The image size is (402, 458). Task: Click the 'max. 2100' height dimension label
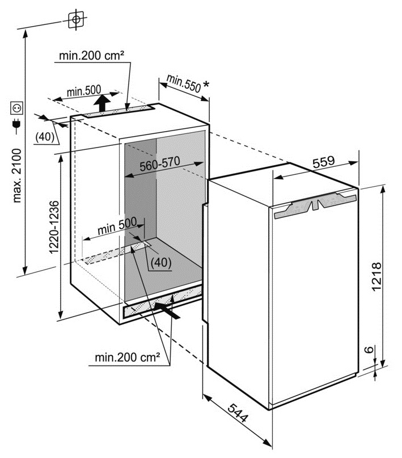[17, 175]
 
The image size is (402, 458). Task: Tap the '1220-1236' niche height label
[54, 227]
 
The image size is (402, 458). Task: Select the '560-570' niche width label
[159, 164]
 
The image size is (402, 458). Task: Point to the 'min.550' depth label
[184, 83]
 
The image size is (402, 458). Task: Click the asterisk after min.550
[206, 85]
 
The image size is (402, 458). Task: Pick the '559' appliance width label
[324, 162]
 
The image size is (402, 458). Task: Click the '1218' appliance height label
[376, 276]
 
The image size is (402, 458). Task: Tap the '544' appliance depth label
[238, 413]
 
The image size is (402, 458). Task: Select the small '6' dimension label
[369, 349]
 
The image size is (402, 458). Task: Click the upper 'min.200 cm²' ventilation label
[92, 55]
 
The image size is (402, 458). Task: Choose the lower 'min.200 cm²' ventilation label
[128, 357]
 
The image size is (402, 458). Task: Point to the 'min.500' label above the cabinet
[84, 91]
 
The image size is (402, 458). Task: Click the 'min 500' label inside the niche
[117, 226]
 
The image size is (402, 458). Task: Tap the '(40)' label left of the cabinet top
[45, 136]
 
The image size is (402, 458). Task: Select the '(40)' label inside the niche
[160, 262]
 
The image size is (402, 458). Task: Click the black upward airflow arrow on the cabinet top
[102, 103]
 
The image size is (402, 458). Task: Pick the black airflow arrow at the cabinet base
[167, 310]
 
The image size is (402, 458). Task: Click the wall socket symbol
[16, 108]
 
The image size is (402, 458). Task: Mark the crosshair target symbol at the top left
[76, 19]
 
